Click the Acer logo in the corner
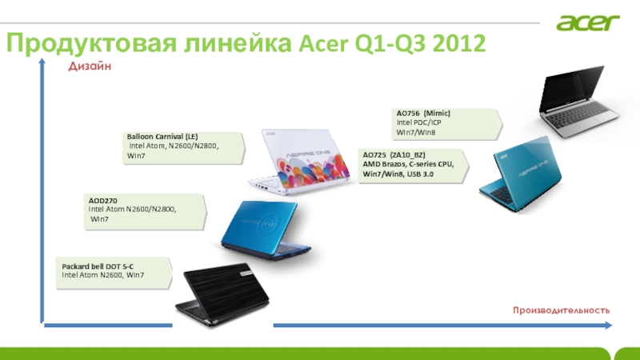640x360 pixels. pyautogui.click(x=588, y=22)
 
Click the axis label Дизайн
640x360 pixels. pyautogui.click(x=90, y=66)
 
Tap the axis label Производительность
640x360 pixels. pyautogui.click(x=562, y=310)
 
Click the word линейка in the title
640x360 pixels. pyautogui.click(x=238, y=43)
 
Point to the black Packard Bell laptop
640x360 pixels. pyautogui.click(x=222, y=294)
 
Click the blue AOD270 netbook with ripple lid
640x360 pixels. pyautogui.click(x=266, y=230)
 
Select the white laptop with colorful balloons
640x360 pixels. pyautogui.click(x=299, y=162)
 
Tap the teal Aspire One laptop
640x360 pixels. pyautogui.click(x=521, y=174)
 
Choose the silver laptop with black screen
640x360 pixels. pyautogui.click(x=578, y=102)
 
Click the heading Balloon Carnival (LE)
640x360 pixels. pyautogui.click(x=162, y=136)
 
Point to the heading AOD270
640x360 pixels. pyautogui.click(x=103, y=201)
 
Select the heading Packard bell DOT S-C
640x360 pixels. pyautogui.click(x=98, y=266)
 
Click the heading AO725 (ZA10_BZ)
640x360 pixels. pyautogui.click(x=394, y=154)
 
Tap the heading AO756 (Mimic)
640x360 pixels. pyautogui.click(x=423, y=113)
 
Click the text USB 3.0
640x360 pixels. pyautogui.click(x=420, y=174)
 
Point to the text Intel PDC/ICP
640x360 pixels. pyautogui.click(x=418, y=122)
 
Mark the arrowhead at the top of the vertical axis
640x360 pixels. pyautogui.click(x=42, y=62)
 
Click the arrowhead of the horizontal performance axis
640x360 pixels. pyautogui.click(x=609, y=326)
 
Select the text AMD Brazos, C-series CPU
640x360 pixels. pyautogui.click(x=408, y=164)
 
